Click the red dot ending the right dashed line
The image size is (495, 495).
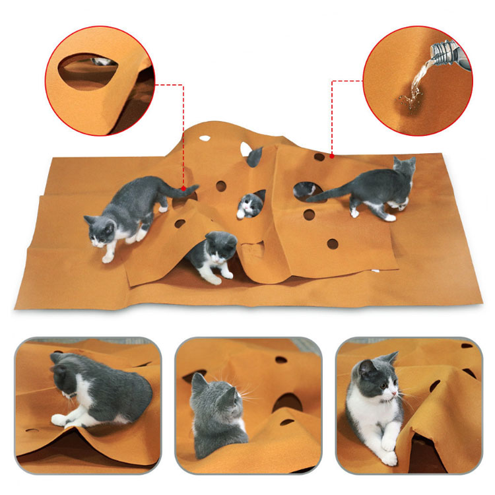(332, 157)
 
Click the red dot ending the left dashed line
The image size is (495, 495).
(183, 187)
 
